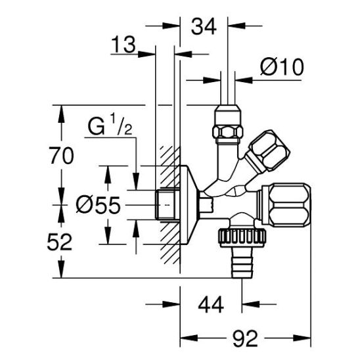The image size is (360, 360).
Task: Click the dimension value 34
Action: point(204,27)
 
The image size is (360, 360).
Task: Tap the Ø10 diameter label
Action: point(282,67)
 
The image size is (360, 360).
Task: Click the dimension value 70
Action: point(62,156)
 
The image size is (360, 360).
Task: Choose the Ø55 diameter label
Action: point(99,205)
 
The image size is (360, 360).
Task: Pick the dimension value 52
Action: point(60,242)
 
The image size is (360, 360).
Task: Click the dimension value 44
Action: point(211,305)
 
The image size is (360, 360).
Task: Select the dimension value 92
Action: point(245,338)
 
